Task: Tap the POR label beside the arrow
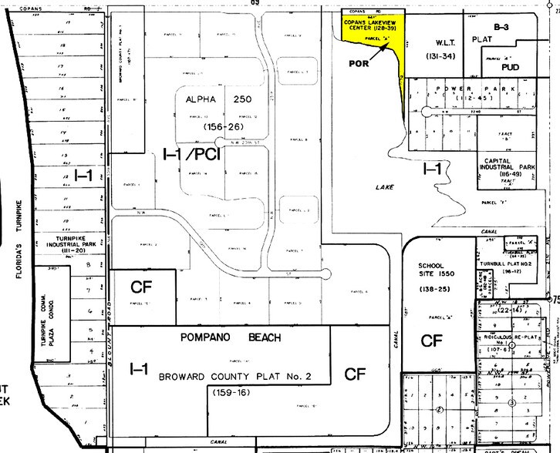click(x=359, y=64)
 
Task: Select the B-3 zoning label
click(x=501, y=27)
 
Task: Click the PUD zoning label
click(x=510, y=68)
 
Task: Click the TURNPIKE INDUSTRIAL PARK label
click(x=74, y=243)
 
